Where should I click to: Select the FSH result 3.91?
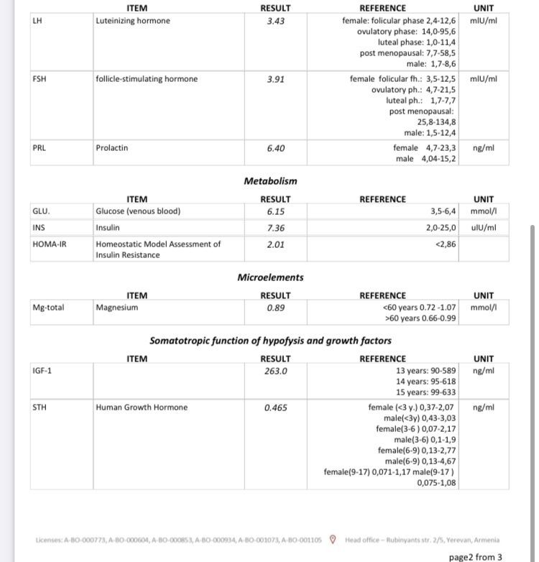275,79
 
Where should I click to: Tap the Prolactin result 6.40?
275,148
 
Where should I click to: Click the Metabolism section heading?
270,181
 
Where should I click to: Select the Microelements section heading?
270,277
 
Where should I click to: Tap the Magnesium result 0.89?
275,308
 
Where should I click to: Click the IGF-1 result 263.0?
275,371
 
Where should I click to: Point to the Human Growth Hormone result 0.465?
275,407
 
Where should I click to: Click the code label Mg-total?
49,308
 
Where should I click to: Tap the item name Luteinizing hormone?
133,20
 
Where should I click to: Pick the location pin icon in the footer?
332,540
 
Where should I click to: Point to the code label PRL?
40,148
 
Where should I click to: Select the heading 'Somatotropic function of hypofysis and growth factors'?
270,340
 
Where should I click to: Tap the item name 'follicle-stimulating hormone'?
147,79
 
